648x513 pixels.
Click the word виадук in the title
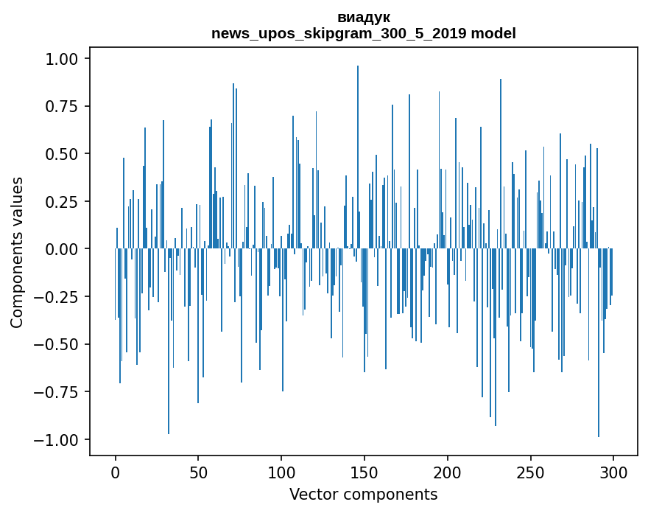point(364,17)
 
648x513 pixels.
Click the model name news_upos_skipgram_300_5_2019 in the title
point(339,33)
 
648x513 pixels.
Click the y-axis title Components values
point(17,252)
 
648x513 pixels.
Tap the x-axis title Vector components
point(364,495)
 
